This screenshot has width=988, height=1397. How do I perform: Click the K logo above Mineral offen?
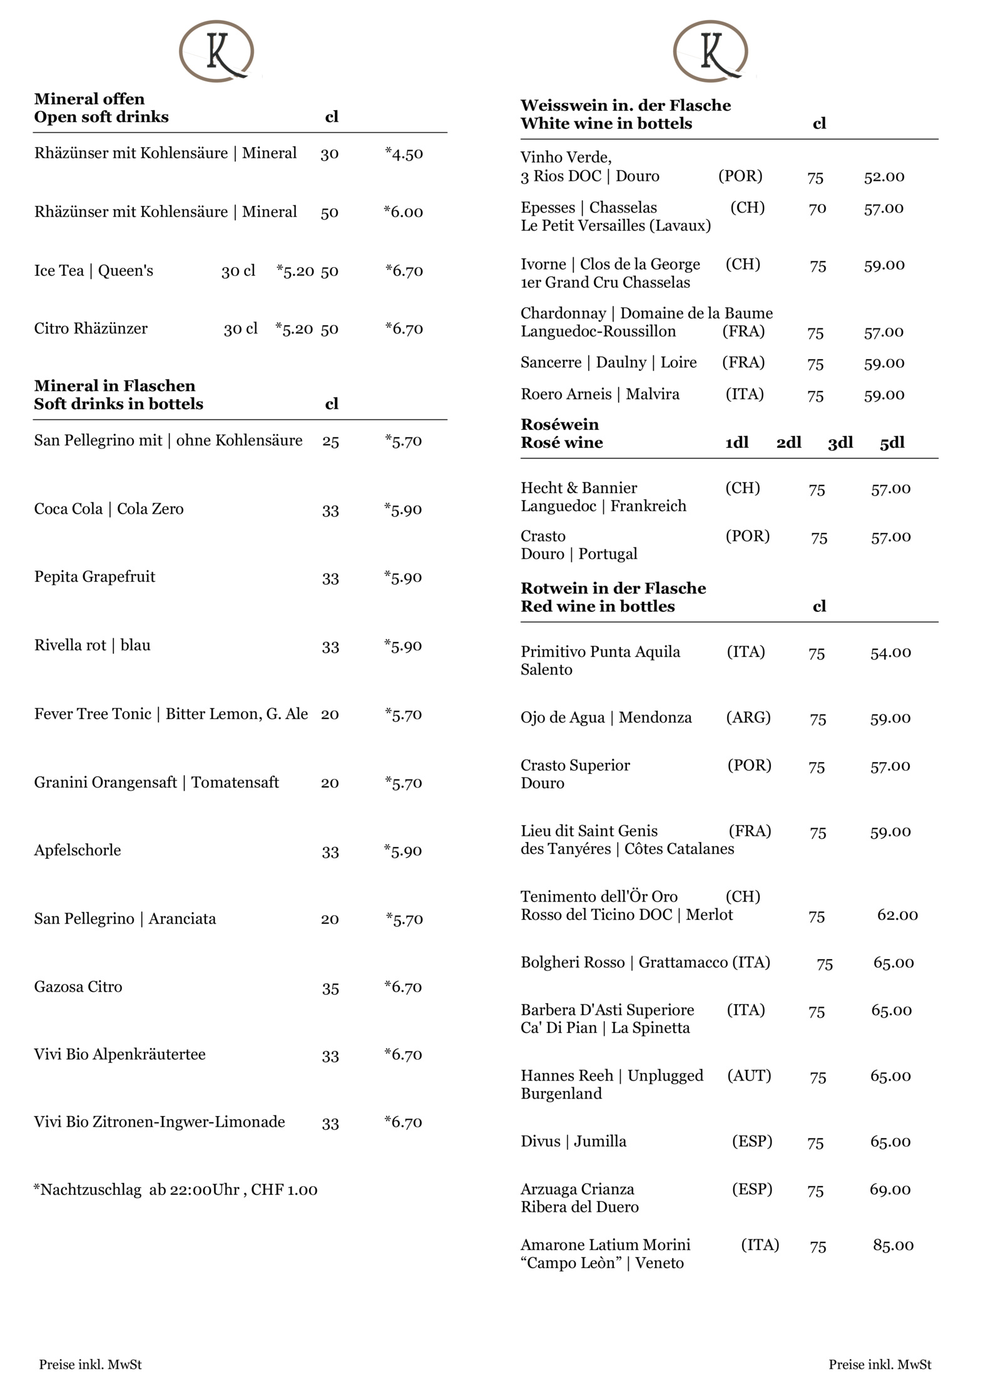(216, 51)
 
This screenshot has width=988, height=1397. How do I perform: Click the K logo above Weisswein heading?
(710, 51)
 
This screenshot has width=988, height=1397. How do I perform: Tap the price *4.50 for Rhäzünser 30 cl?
(404, 154)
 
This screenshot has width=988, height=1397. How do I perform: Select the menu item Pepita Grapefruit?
(94, 577)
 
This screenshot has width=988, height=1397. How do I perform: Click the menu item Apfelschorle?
(78, 850)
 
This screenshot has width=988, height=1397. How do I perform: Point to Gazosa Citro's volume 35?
(330, 988)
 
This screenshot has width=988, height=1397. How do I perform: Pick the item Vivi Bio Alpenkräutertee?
(120, 1055)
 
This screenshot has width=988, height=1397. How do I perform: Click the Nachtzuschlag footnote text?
(176, 1190)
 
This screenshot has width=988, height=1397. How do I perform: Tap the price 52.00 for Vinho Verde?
(884, 177)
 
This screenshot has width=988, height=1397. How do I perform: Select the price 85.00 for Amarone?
(893, 1246)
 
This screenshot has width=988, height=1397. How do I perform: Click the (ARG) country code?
(748, 718)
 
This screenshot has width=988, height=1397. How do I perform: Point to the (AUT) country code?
(749, 1076)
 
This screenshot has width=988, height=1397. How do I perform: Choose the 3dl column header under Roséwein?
(840, 443)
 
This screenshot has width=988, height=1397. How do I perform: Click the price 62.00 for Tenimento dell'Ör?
(897, 915)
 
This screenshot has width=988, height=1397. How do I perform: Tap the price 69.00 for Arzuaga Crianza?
(890, 1190)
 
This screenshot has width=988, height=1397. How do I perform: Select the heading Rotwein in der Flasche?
(613, 589)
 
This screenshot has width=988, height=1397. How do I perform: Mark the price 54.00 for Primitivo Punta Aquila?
(890, 653)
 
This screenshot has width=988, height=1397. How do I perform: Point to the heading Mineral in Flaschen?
(115, 386)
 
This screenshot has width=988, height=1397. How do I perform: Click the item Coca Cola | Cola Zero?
(109, 509)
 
